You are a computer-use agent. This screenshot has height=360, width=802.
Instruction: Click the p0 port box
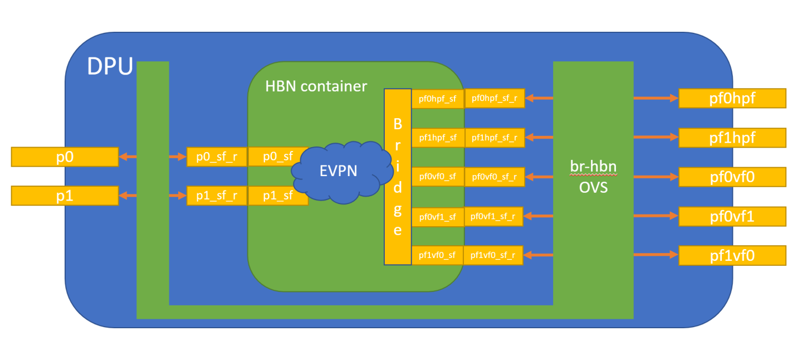pos(65,157)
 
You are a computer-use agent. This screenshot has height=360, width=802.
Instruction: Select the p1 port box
pos(65,196)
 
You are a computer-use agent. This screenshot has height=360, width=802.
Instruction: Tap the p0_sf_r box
pos(217,157)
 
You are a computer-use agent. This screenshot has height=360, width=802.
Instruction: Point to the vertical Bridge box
pos(398,176)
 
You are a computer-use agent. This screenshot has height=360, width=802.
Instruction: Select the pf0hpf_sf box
pos(438,99)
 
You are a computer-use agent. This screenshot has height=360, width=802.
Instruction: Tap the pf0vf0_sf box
pos(438,177)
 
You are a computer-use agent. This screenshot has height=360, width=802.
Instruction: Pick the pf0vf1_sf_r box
pos(493,216)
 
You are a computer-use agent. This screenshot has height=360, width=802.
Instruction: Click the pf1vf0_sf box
pos(438,255)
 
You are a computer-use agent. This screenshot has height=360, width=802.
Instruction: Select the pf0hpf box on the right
pos(732,98)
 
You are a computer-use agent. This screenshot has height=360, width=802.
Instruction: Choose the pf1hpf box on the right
pos(732,138)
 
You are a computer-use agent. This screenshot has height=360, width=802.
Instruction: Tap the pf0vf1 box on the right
pos(732,216)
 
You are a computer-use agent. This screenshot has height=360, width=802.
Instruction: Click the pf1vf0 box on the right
pos(732,255)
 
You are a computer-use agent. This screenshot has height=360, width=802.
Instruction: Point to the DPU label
pos(110,67)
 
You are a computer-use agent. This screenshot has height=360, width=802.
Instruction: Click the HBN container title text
pos(316,86)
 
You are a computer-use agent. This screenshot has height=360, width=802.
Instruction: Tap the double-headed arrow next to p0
pos(128,157)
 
